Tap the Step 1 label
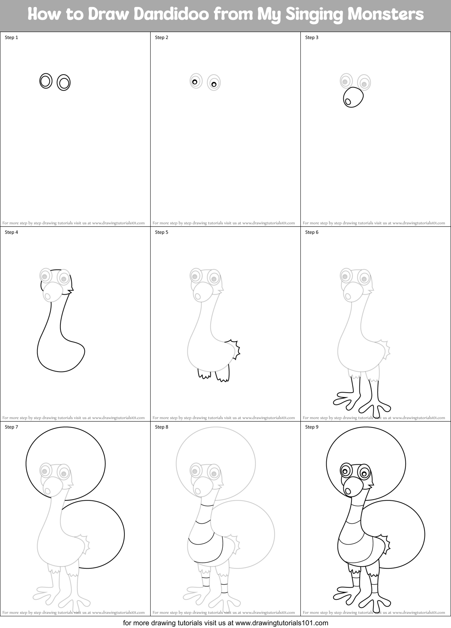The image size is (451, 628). pos(11,37)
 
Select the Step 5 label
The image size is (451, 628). pos(162,232)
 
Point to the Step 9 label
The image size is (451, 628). pos(312,427)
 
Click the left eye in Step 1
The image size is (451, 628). pos(46,81)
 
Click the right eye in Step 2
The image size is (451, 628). pos(213,83)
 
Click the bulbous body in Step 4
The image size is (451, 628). pos(60,353)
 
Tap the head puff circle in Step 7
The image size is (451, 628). pos(65,449)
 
